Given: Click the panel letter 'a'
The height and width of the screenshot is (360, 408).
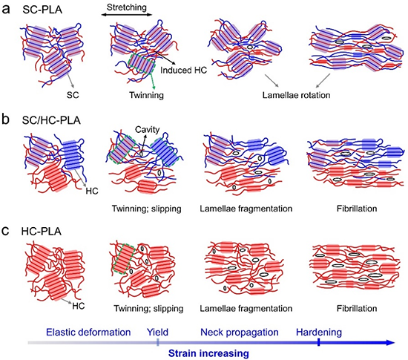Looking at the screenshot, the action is [6, 10].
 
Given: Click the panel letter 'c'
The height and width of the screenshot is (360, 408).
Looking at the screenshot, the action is [5, 231].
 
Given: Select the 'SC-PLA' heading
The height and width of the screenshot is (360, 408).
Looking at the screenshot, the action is [42, 10].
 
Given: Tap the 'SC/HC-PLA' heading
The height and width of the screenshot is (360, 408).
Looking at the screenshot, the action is [51, 120].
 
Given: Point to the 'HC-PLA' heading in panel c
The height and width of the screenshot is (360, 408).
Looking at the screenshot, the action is [41, 232].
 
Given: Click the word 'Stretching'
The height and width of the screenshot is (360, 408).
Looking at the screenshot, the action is [127, 7].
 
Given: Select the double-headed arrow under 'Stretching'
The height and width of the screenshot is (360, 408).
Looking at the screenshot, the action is [126, 15].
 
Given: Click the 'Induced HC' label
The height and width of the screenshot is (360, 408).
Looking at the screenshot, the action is [183, 70].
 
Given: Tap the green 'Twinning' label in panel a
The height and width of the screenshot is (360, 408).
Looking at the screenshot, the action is [146, 95].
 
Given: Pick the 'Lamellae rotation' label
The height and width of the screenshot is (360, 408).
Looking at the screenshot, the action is [296, 95].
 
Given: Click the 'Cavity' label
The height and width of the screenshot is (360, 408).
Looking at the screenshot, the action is [148, 130].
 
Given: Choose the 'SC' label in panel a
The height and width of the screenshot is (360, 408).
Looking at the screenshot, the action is [73, 95].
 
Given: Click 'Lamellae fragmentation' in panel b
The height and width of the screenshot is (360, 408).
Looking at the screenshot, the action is [246, 209].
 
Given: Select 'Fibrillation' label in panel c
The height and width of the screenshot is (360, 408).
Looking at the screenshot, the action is [357, 309].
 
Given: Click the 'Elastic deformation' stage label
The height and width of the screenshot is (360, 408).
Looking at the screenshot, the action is [88, 333].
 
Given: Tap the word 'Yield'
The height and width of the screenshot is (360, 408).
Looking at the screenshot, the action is [157, 333].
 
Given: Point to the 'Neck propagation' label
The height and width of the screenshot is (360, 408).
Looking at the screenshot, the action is [240, 333].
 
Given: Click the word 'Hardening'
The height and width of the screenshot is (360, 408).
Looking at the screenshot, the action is [319, 333].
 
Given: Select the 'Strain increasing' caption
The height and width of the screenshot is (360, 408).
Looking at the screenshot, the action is [208, 353].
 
